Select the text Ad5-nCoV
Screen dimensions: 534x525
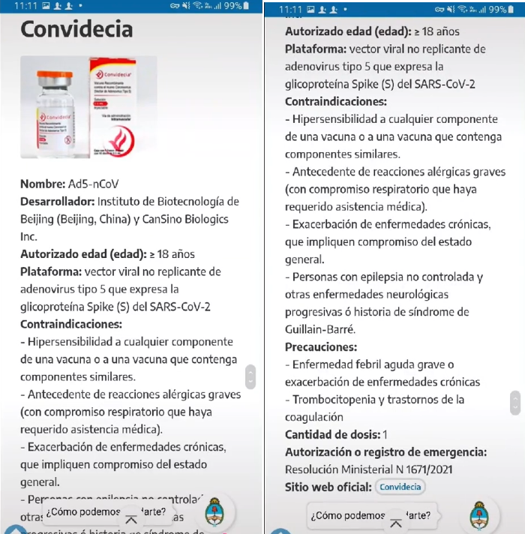point(94,184)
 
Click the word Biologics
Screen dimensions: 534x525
point(206,219)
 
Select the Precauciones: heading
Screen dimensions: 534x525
point(321,347)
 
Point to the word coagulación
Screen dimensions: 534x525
point(314,417)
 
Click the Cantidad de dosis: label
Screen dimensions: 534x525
point(332,434)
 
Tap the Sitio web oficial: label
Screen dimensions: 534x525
point(328,487)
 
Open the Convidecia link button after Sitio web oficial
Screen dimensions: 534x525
point(400,487)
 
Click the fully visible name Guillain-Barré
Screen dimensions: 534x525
point(320,329)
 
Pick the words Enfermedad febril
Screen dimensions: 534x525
point(337,364)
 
